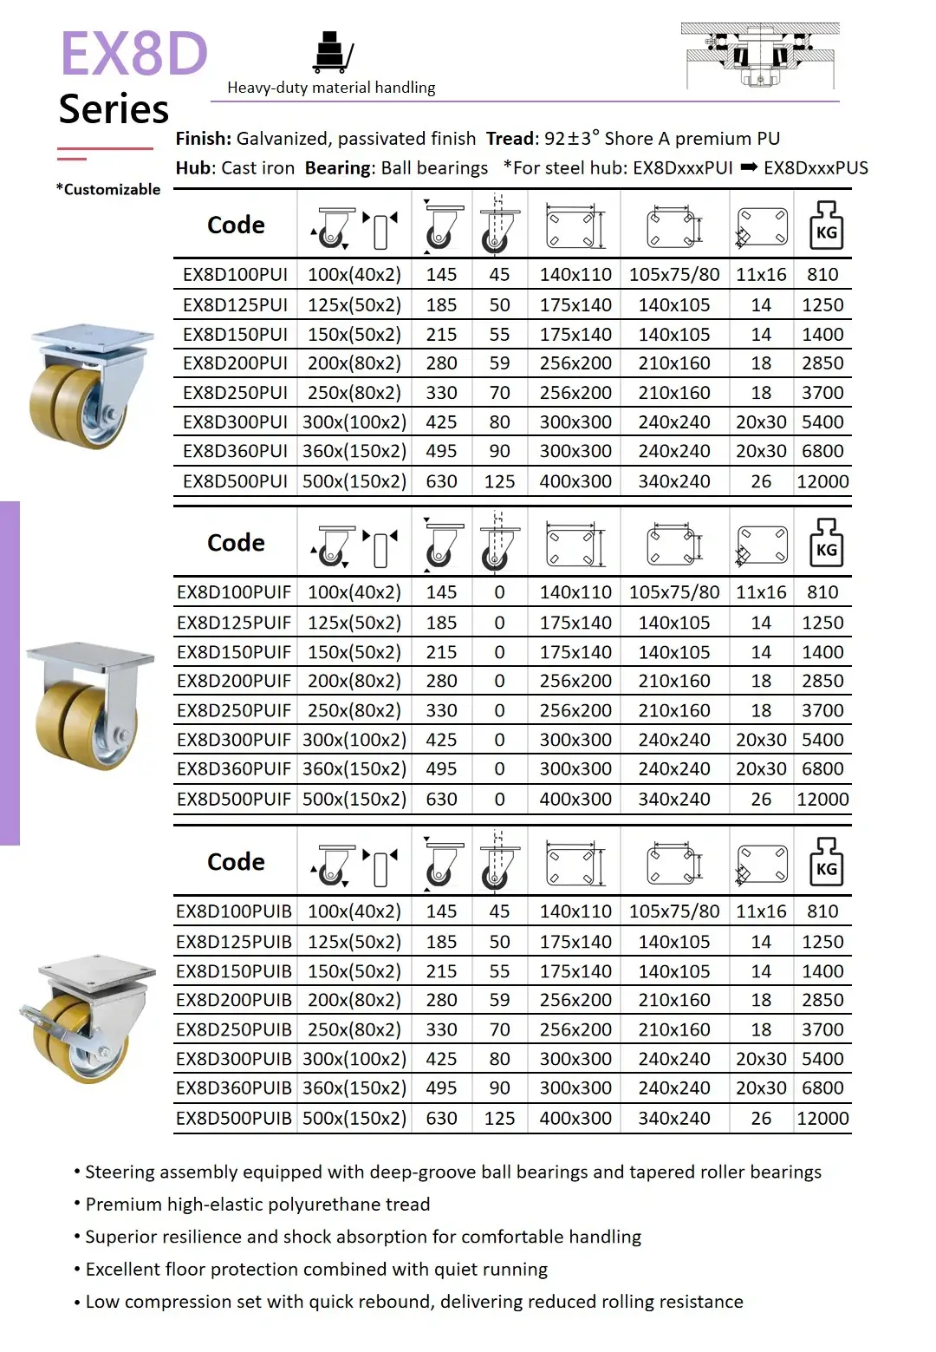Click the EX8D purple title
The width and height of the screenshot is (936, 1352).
tap(134, 54)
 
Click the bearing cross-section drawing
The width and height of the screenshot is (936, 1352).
tap(760, 56)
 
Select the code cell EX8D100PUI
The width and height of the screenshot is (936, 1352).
tap(235, 275)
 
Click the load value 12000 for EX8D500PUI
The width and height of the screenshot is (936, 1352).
tap(822, 481)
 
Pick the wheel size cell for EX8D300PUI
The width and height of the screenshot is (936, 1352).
tap(354, 422)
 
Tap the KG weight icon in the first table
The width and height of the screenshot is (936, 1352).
tap(826, 225)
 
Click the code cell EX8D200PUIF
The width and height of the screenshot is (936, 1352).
tap(234, 681)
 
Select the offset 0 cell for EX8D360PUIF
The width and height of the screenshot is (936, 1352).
tap(499, 769)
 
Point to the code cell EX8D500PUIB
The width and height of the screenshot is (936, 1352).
tap(234, 1119)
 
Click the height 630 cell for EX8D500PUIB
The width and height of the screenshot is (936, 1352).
tap(441, 1119)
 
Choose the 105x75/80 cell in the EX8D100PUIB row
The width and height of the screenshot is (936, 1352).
tap(674, 911)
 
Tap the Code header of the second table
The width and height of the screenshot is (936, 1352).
tap(236, 543)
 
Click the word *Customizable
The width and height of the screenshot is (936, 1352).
tap(108, 189)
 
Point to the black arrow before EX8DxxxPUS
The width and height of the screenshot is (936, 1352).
tap(749, 167)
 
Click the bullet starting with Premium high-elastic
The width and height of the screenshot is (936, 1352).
tap(257, 1205)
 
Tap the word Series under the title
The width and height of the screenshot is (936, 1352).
tap(114, 109)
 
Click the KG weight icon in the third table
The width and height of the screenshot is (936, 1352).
tap(826, 862)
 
